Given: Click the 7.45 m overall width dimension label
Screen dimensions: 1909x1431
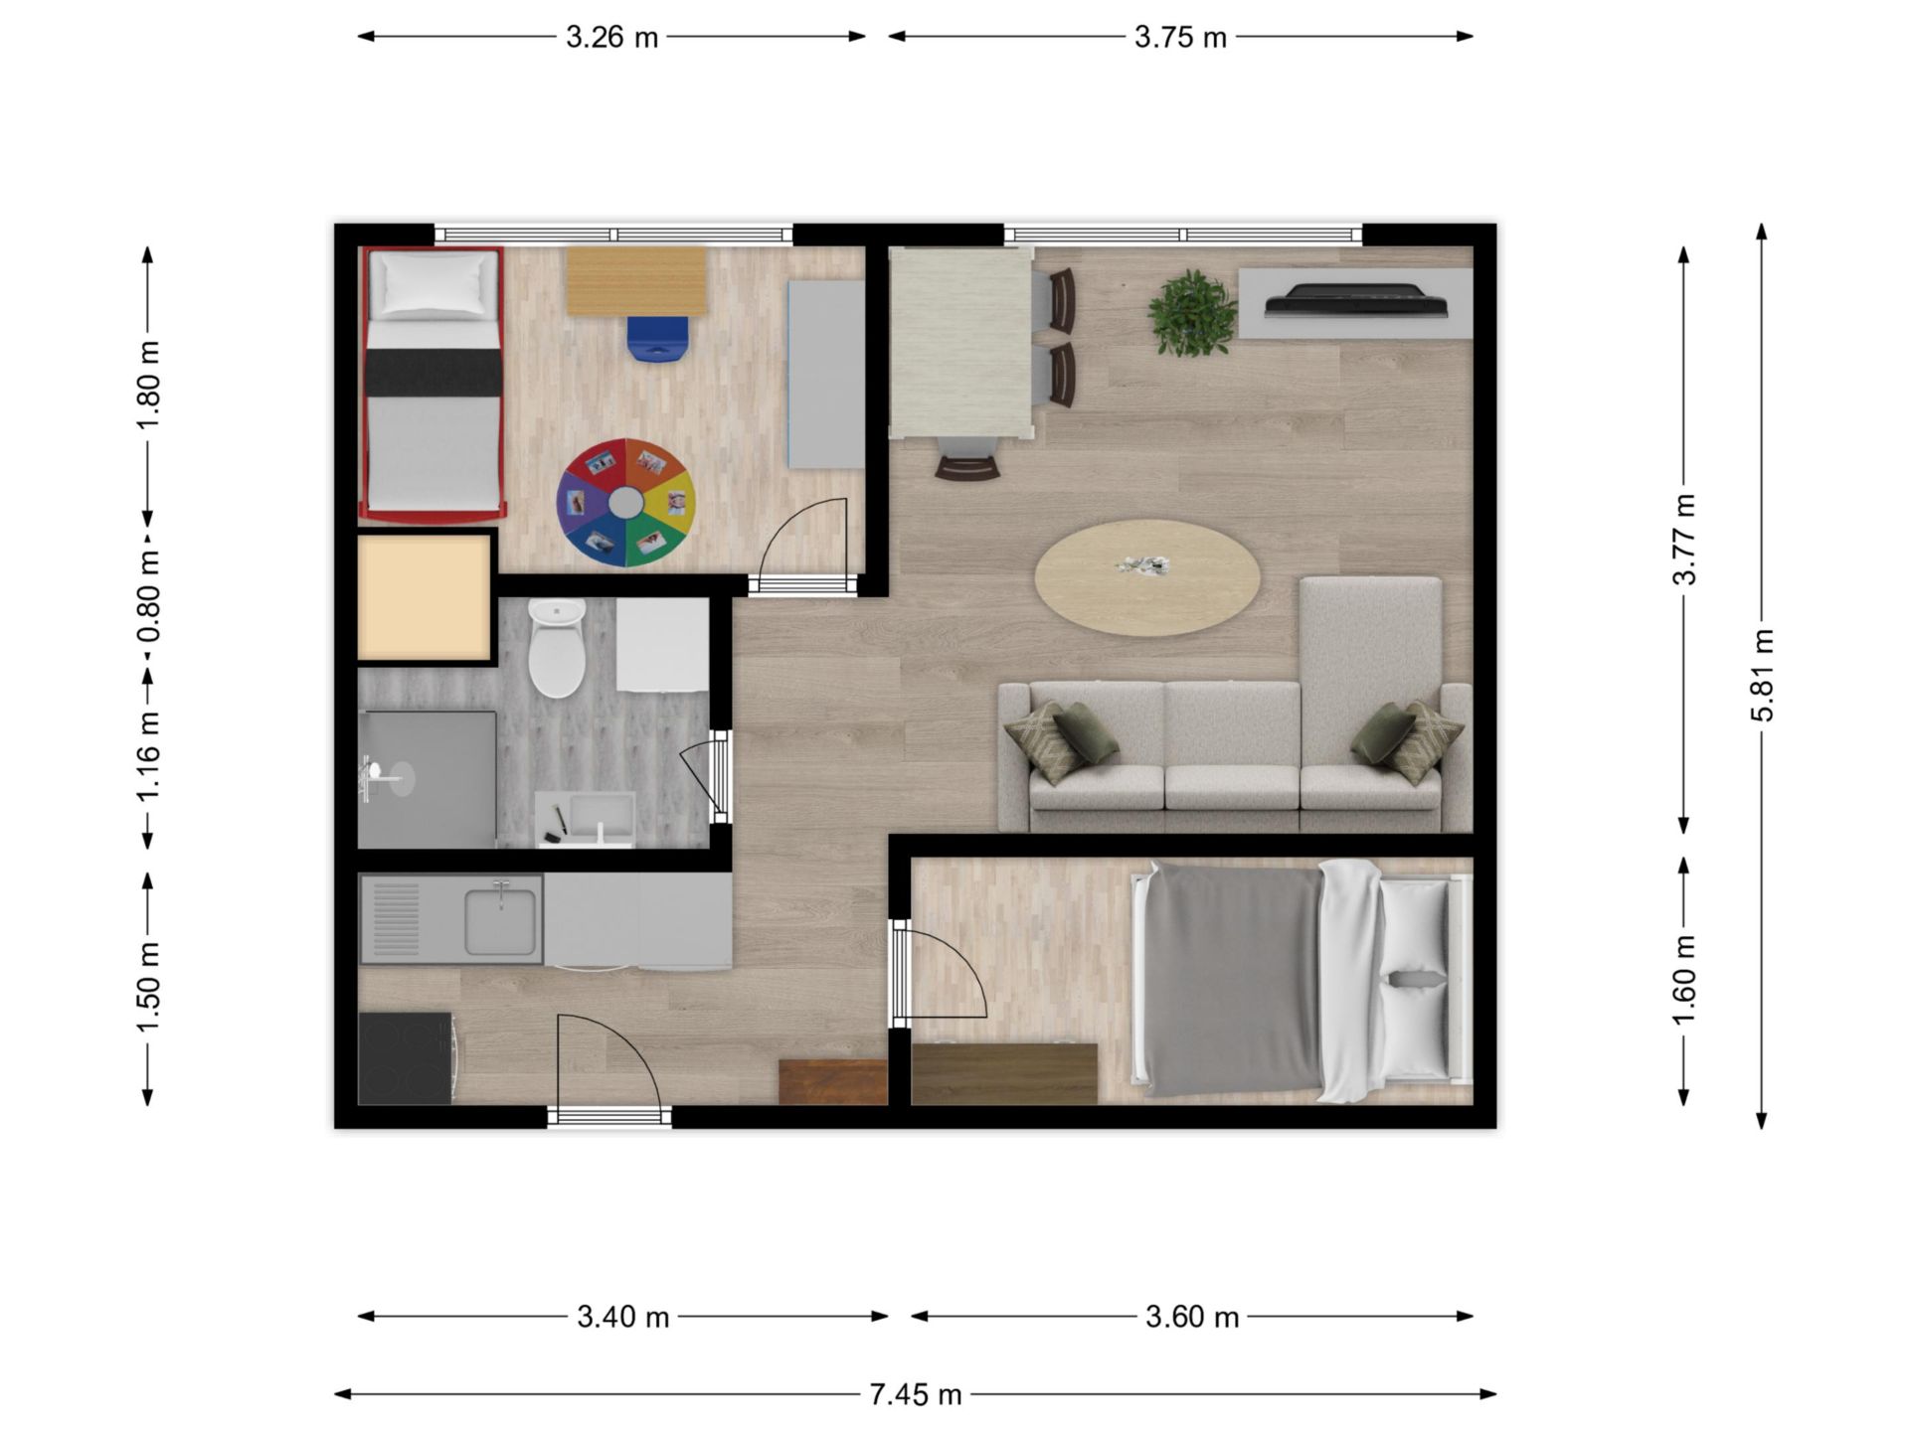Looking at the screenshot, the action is (916, 1395).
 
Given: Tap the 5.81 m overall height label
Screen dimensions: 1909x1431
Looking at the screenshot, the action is (1762, 676).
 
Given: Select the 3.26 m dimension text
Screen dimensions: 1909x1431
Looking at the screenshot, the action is (612, 37).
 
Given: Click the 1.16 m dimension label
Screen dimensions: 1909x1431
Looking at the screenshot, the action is (148, 756).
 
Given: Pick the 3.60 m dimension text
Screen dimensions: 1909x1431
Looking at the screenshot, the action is (1192, 1317).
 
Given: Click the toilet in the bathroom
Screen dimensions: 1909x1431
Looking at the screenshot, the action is (557, 647).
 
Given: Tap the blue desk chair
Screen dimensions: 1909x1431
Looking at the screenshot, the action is (657, 339).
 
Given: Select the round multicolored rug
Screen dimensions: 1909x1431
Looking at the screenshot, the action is (625, 503).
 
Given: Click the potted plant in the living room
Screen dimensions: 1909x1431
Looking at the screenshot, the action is (1192, 312).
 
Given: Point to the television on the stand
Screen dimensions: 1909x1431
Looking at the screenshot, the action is (1356, 299).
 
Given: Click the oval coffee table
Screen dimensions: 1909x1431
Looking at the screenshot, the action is (1147, 577).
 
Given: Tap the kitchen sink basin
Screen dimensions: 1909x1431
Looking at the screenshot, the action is (501, 920).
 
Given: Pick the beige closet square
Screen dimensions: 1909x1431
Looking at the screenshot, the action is (424, 597).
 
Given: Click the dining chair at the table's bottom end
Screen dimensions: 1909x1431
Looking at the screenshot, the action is (967, 460).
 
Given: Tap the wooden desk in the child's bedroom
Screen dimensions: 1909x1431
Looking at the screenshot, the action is (636, 281).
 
